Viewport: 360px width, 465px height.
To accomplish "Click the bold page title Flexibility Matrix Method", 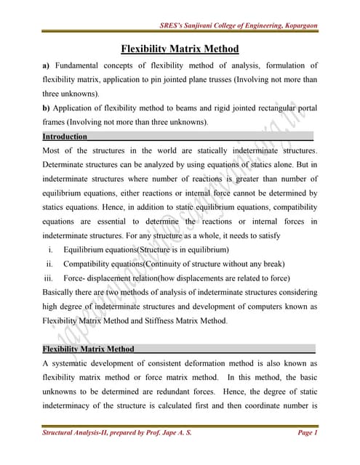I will click(x=179, y=49).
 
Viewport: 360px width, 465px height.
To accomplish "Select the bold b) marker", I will click(x=47, y=108).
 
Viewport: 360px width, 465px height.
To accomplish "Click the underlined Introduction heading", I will click(x=65, y=137).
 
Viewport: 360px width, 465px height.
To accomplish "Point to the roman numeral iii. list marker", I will click(x=48, y=278).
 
